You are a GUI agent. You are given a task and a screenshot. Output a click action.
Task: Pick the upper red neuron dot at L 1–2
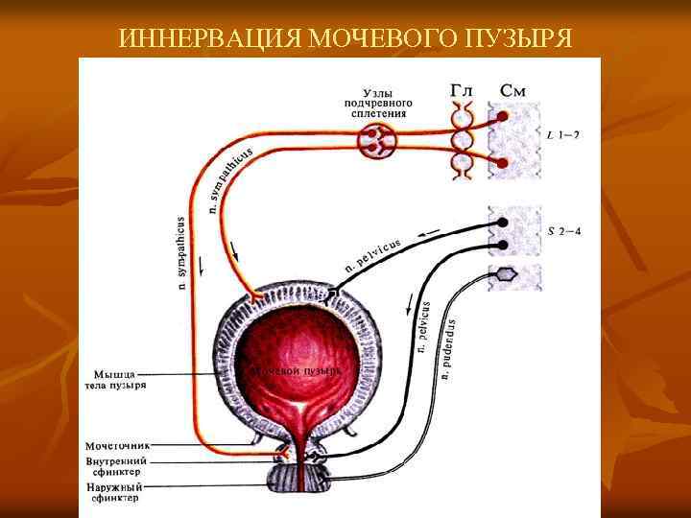point(502,117)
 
